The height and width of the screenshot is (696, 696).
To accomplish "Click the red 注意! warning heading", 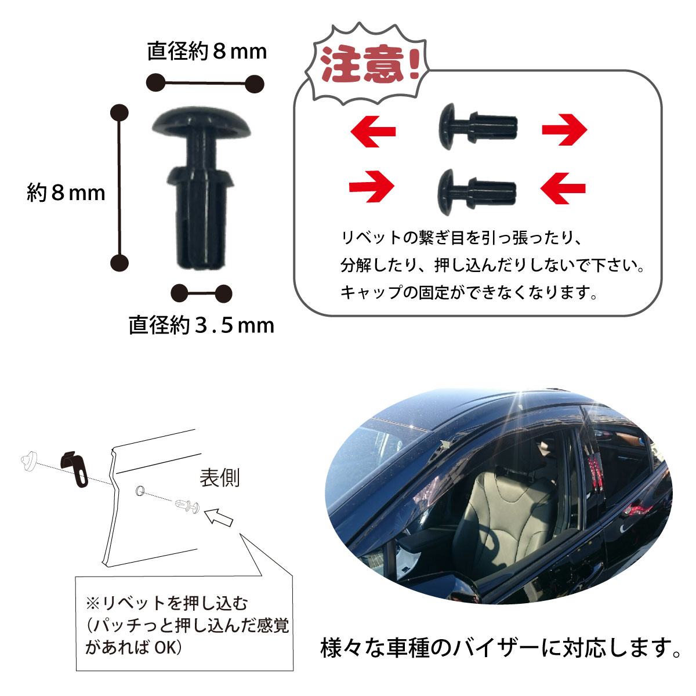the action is click(x=369, y=64).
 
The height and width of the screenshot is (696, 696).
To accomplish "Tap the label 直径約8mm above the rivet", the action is click(x=207, y=51).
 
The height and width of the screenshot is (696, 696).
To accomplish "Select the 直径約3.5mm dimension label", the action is click(x=201, y=325).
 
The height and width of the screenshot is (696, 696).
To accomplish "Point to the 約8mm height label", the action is click(x=66, y=193).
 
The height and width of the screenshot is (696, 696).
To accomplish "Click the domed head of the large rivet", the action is click(x=201, y=121).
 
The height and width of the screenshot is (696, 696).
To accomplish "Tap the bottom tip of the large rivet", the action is click(x=201, y=267).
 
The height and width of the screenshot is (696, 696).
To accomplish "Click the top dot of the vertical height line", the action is click(x=119, y=113).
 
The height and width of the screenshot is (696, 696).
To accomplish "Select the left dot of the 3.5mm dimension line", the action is click(x=179, y=293).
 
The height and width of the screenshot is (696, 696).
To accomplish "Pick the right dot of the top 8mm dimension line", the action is click(x=255, y=84).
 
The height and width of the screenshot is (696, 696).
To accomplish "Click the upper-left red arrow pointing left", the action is click(x=373, y=132).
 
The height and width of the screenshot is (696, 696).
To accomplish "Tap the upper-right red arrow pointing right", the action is click(x=564, y=130).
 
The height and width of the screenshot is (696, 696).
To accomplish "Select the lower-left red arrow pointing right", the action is click(x=372, y=187).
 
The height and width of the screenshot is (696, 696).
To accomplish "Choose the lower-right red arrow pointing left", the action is click(x=563, y=188).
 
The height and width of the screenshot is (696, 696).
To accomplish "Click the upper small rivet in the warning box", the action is click(x=478, y=127).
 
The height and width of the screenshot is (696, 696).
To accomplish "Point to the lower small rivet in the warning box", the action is click(x=477, y=193).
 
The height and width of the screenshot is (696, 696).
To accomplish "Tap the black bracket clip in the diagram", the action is click(x=75, y=469).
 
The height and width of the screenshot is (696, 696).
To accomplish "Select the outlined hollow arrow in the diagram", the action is click(x=219, y=517).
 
